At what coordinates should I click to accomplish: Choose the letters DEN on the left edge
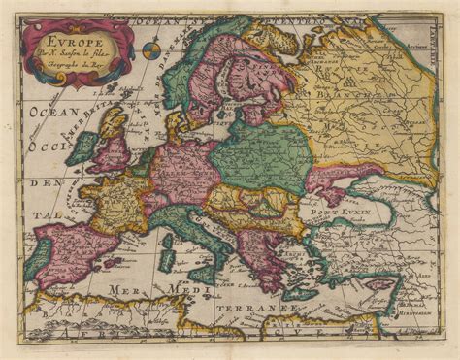pos(44,181)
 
